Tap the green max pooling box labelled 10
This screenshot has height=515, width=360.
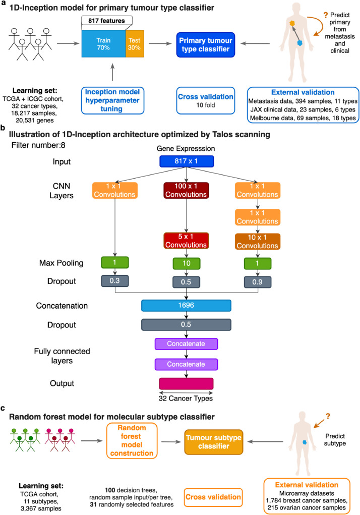coord(187,263)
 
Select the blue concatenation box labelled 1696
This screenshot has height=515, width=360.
coord(187,306)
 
